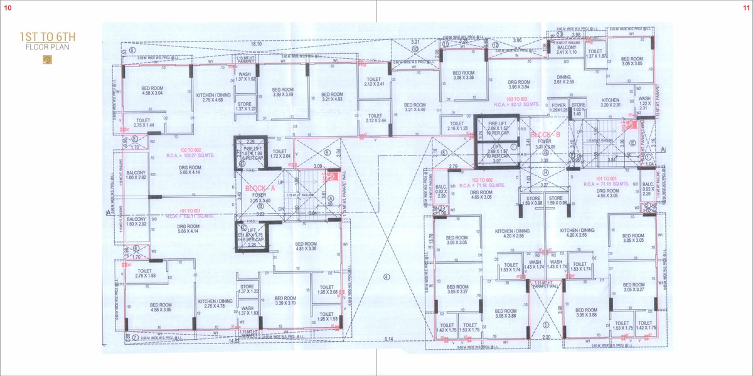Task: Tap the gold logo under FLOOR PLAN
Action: coord(47,60)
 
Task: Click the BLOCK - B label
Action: coord(541,135)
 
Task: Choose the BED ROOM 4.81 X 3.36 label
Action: coord(306,246)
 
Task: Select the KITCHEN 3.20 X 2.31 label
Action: coord(610,103)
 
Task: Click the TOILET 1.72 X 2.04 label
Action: coord(279,154)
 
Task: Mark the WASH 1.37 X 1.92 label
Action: coord(245,77)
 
